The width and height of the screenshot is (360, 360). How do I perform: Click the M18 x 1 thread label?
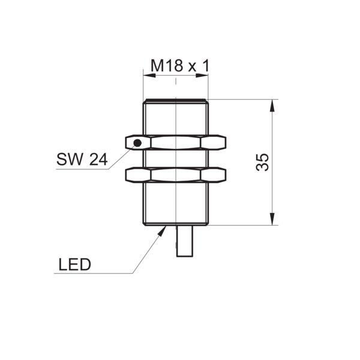coord(180,65)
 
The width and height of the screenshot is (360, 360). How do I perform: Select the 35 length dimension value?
coord(262,163)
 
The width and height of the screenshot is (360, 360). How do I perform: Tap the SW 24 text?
coord(82,159)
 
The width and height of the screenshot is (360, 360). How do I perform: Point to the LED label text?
coord(75,265)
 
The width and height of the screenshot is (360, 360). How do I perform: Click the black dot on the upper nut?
coord(137,143)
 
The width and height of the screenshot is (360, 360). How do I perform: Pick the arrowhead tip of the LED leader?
coord(166,226)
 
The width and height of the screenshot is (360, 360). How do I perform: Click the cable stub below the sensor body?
coord(185,241)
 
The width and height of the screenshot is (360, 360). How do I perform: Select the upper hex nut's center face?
coord(176,143)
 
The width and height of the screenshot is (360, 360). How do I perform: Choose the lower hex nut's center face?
coord(176,175)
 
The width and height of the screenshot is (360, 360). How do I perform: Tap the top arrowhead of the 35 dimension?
coord(272,100)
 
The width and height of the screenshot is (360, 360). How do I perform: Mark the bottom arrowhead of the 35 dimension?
coord(272,225)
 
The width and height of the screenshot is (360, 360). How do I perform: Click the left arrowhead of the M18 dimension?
coord(143,76)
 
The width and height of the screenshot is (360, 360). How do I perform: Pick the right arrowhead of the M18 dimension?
coord(208,76)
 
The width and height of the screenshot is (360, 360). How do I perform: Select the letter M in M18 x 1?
coord(157,65)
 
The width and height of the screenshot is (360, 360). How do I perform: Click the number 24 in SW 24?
coord(98,160)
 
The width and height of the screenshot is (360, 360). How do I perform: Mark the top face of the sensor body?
coord(176,100)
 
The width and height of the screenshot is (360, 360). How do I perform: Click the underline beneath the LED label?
coord(94,273)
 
